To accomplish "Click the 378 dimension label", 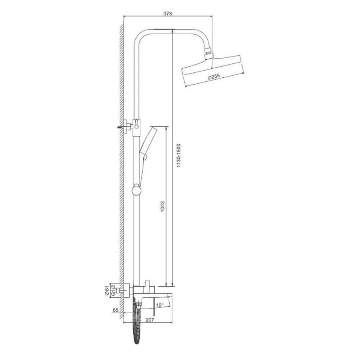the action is point(168,14).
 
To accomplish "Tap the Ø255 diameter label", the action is point(213,76).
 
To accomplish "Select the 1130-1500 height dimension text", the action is point(179,156).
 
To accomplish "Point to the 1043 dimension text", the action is point(163,206).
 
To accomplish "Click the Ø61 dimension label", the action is point(107,291).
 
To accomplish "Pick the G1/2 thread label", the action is point(113,291).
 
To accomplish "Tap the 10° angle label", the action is point(160,305).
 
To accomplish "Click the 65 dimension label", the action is point(116,310).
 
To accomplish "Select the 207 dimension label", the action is point(150,319).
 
